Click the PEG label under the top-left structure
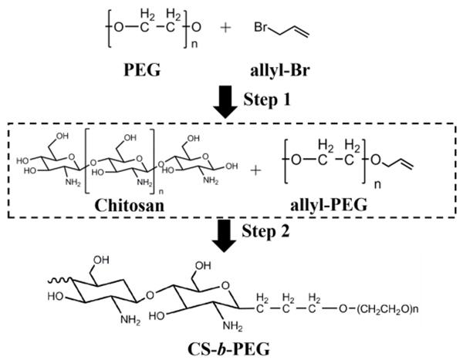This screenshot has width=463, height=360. pos(142,70)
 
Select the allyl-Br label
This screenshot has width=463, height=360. pos(280,71)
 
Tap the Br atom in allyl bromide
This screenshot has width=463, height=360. pos(261,28)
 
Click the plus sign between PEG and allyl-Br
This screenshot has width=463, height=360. pos(225,28)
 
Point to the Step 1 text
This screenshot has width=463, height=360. pos(267,99)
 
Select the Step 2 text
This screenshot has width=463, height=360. pos(265,231)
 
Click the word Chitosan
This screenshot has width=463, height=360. pos(130,205)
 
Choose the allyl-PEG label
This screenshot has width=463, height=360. pos(329,204)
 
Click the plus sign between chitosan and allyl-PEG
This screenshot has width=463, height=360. pos(255,170)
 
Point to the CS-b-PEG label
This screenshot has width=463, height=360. pos(229,349)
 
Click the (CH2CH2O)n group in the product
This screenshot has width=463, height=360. pos(387,309)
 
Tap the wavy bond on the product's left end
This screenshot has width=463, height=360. pos(59,280)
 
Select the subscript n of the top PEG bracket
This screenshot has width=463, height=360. pos(194,45)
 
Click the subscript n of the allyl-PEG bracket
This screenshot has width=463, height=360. pos(377,185)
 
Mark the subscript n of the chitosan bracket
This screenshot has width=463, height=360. pos(161,192)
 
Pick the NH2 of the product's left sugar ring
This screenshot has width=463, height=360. pos(130,320)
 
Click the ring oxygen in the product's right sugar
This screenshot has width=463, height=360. pos(225,285)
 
